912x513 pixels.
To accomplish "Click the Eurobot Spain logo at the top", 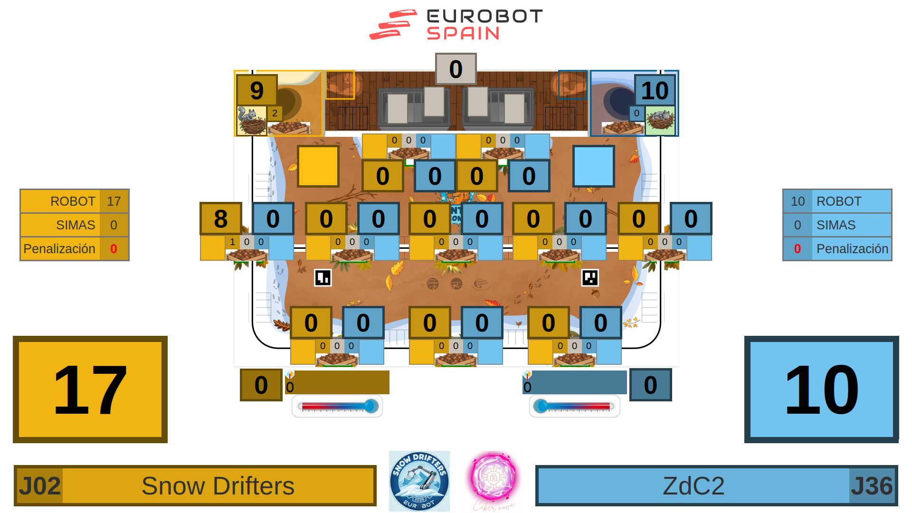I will (x=456, y=25).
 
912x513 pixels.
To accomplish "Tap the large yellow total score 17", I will (x=90, y=389).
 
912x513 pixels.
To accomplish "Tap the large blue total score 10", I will (x=821, y=389).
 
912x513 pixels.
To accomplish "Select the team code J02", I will (x=39, y=486).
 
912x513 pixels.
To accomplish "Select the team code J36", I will (x=872, y=486).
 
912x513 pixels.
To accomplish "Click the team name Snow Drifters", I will (x=218, y=486).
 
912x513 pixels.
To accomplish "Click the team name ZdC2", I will (x=693, y=486).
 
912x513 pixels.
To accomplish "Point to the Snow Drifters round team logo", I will (x=419, y=481).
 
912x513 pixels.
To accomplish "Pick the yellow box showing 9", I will (x=256, y=90).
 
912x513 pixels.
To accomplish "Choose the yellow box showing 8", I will (x=220, y=218).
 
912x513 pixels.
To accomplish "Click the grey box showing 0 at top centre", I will (x=456, y=69).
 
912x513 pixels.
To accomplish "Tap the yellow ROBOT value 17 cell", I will (x=114, y=201).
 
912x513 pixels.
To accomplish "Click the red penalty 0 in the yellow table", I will (x=114, y=249).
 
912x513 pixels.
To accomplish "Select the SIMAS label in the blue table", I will (x=836, y=225).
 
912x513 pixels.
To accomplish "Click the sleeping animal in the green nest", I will (x=660, y=119).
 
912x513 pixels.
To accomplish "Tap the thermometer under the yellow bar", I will (x=337, y=406).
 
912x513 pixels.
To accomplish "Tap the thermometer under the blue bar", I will (x=574, y=406).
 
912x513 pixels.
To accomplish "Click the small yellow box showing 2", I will (x=275, y=114).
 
